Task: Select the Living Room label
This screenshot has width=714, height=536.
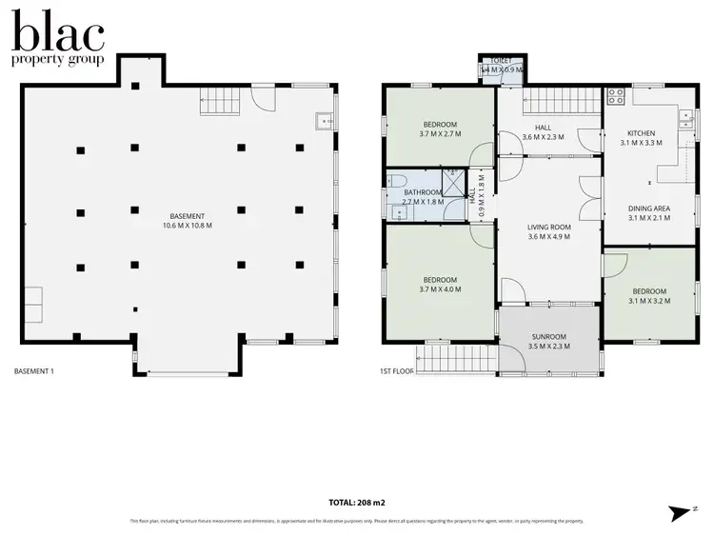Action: [547, 227]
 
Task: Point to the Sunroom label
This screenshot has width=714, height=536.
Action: [547, 336]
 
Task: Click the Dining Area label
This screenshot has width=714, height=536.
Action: [649, 208]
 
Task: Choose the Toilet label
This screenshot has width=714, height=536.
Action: [501, 60]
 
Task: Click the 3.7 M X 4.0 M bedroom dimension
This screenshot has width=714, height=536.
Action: [440, 289]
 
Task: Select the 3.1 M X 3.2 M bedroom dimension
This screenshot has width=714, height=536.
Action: [649, 301]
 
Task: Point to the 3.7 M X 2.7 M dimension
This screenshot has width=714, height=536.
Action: [440, 134]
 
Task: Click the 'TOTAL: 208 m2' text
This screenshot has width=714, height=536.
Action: [356, 501]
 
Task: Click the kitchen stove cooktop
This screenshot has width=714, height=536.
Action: [615, 96]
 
